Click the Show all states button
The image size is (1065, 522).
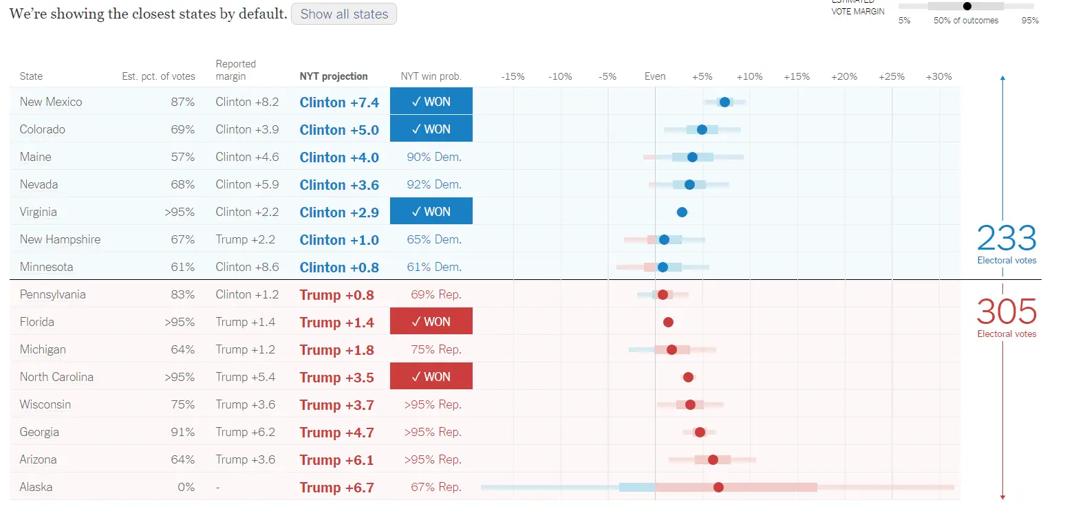(x=344, y=14)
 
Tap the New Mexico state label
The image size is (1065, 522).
(x=51, y=102)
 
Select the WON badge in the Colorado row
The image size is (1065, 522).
(x=431, y=129)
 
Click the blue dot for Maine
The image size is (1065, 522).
(x=692, y=157)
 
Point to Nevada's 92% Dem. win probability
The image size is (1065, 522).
(x=434, y=184)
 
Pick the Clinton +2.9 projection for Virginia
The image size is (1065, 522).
(x=339, y=212)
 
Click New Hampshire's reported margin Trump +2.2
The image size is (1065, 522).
(x=246, y=239)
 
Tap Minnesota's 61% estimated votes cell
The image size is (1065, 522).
(x=183, y=267)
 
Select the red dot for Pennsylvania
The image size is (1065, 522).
(x=663, y=294)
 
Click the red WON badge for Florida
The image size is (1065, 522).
(x=431, y=322)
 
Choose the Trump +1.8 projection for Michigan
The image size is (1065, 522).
(x=336, y=349)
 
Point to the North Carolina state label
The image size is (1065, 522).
(x=56, y=377)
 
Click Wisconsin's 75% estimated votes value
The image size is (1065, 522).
(x=183, y=404)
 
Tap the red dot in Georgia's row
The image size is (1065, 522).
(x=700, y=432)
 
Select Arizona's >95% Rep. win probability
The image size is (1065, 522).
(x=433, y=459)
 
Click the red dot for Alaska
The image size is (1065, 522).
(x=718, y=487)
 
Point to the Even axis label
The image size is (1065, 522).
(x=655, y=76)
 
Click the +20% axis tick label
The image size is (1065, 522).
(x=844, y=76)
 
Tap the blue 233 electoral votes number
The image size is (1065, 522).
(x=1007, y=239)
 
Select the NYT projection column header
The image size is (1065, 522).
(x=334, y=76)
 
